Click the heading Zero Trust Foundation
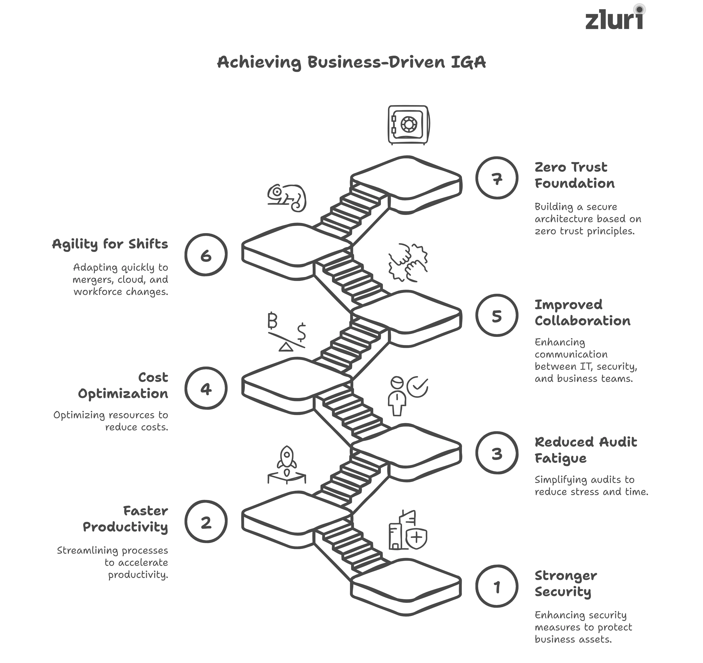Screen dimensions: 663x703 point(574,175)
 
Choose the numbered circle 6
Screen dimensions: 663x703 point(206,255)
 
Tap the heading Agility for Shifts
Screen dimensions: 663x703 point(110,244)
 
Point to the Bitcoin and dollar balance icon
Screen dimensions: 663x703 point(286,331)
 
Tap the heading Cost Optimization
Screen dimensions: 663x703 point(123,386)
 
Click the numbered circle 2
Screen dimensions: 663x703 point(206,522)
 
